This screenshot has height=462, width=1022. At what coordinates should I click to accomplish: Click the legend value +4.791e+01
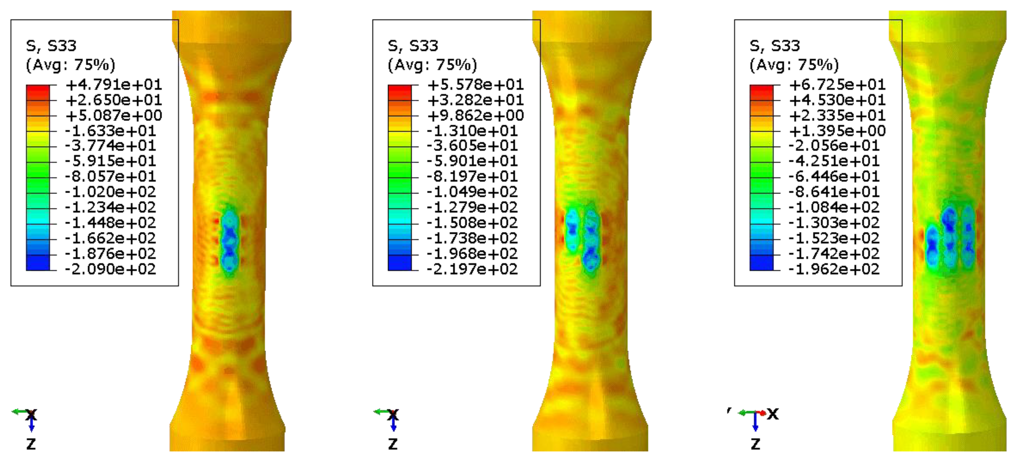114,85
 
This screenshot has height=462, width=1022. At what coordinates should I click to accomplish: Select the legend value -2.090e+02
111,269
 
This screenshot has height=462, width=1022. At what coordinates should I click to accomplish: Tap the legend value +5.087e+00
114,115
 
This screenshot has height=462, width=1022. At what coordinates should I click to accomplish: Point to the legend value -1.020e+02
111,192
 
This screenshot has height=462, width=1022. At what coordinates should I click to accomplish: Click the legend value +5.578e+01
476,85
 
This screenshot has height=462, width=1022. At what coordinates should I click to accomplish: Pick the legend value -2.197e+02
472,269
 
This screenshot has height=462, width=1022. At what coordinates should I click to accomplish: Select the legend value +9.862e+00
476,115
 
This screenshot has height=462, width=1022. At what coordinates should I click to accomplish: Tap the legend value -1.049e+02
472,192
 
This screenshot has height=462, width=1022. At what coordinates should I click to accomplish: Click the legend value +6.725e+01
838,85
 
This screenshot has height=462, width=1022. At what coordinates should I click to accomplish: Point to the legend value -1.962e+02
834,269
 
